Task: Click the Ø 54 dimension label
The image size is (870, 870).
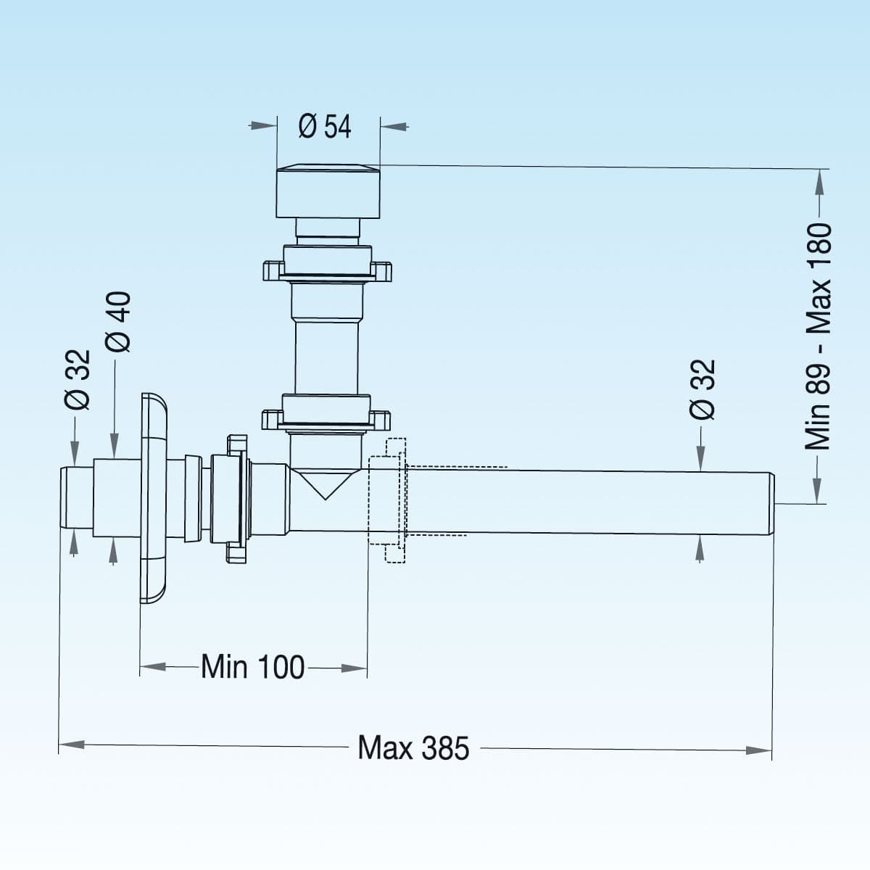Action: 325,126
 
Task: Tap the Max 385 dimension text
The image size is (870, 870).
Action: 413,747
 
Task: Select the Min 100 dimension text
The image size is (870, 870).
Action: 253,666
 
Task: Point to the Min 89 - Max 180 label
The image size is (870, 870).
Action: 818,336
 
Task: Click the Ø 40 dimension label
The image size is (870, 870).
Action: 118,322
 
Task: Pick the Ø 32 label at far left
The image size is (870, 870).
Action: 78,380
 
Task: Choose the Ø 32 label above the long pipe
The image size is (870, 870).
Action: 703,389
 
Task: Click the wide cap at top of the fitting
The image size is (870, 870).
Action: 328,191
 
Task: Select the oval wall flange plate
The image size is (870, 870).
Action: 154,498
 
